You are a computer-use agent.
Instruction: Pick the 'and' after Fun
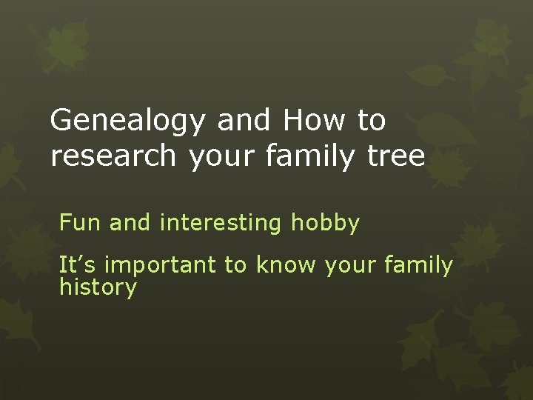tap(130, 222)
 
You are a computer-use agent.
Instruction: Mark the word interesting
tap(221, 223)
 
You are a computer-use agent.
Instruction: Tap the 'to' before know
tap(235, 265)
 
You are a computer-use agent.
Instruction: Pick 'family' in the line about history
tap(418, 265)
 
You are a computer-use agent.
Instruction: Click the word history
tap(98, 287)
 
